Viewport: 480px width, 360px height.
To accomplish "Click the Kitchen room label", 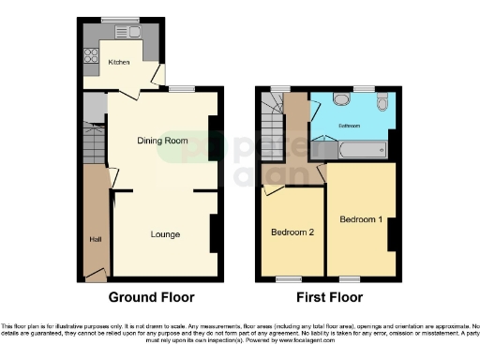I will coord(118,62).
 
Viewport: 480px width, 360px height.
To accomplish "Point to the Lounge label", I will coord(164,233).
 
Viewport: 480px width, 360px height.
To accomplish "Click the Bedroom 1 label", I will coord(361,219).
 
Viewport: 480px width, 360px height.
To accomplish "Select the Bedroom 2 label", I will coord(292,232).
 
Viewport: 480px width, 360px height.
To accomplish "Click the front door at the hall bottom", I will coord(96,276).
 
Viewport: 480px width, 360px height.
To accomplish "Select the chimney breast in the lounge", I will coord(215,232).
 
